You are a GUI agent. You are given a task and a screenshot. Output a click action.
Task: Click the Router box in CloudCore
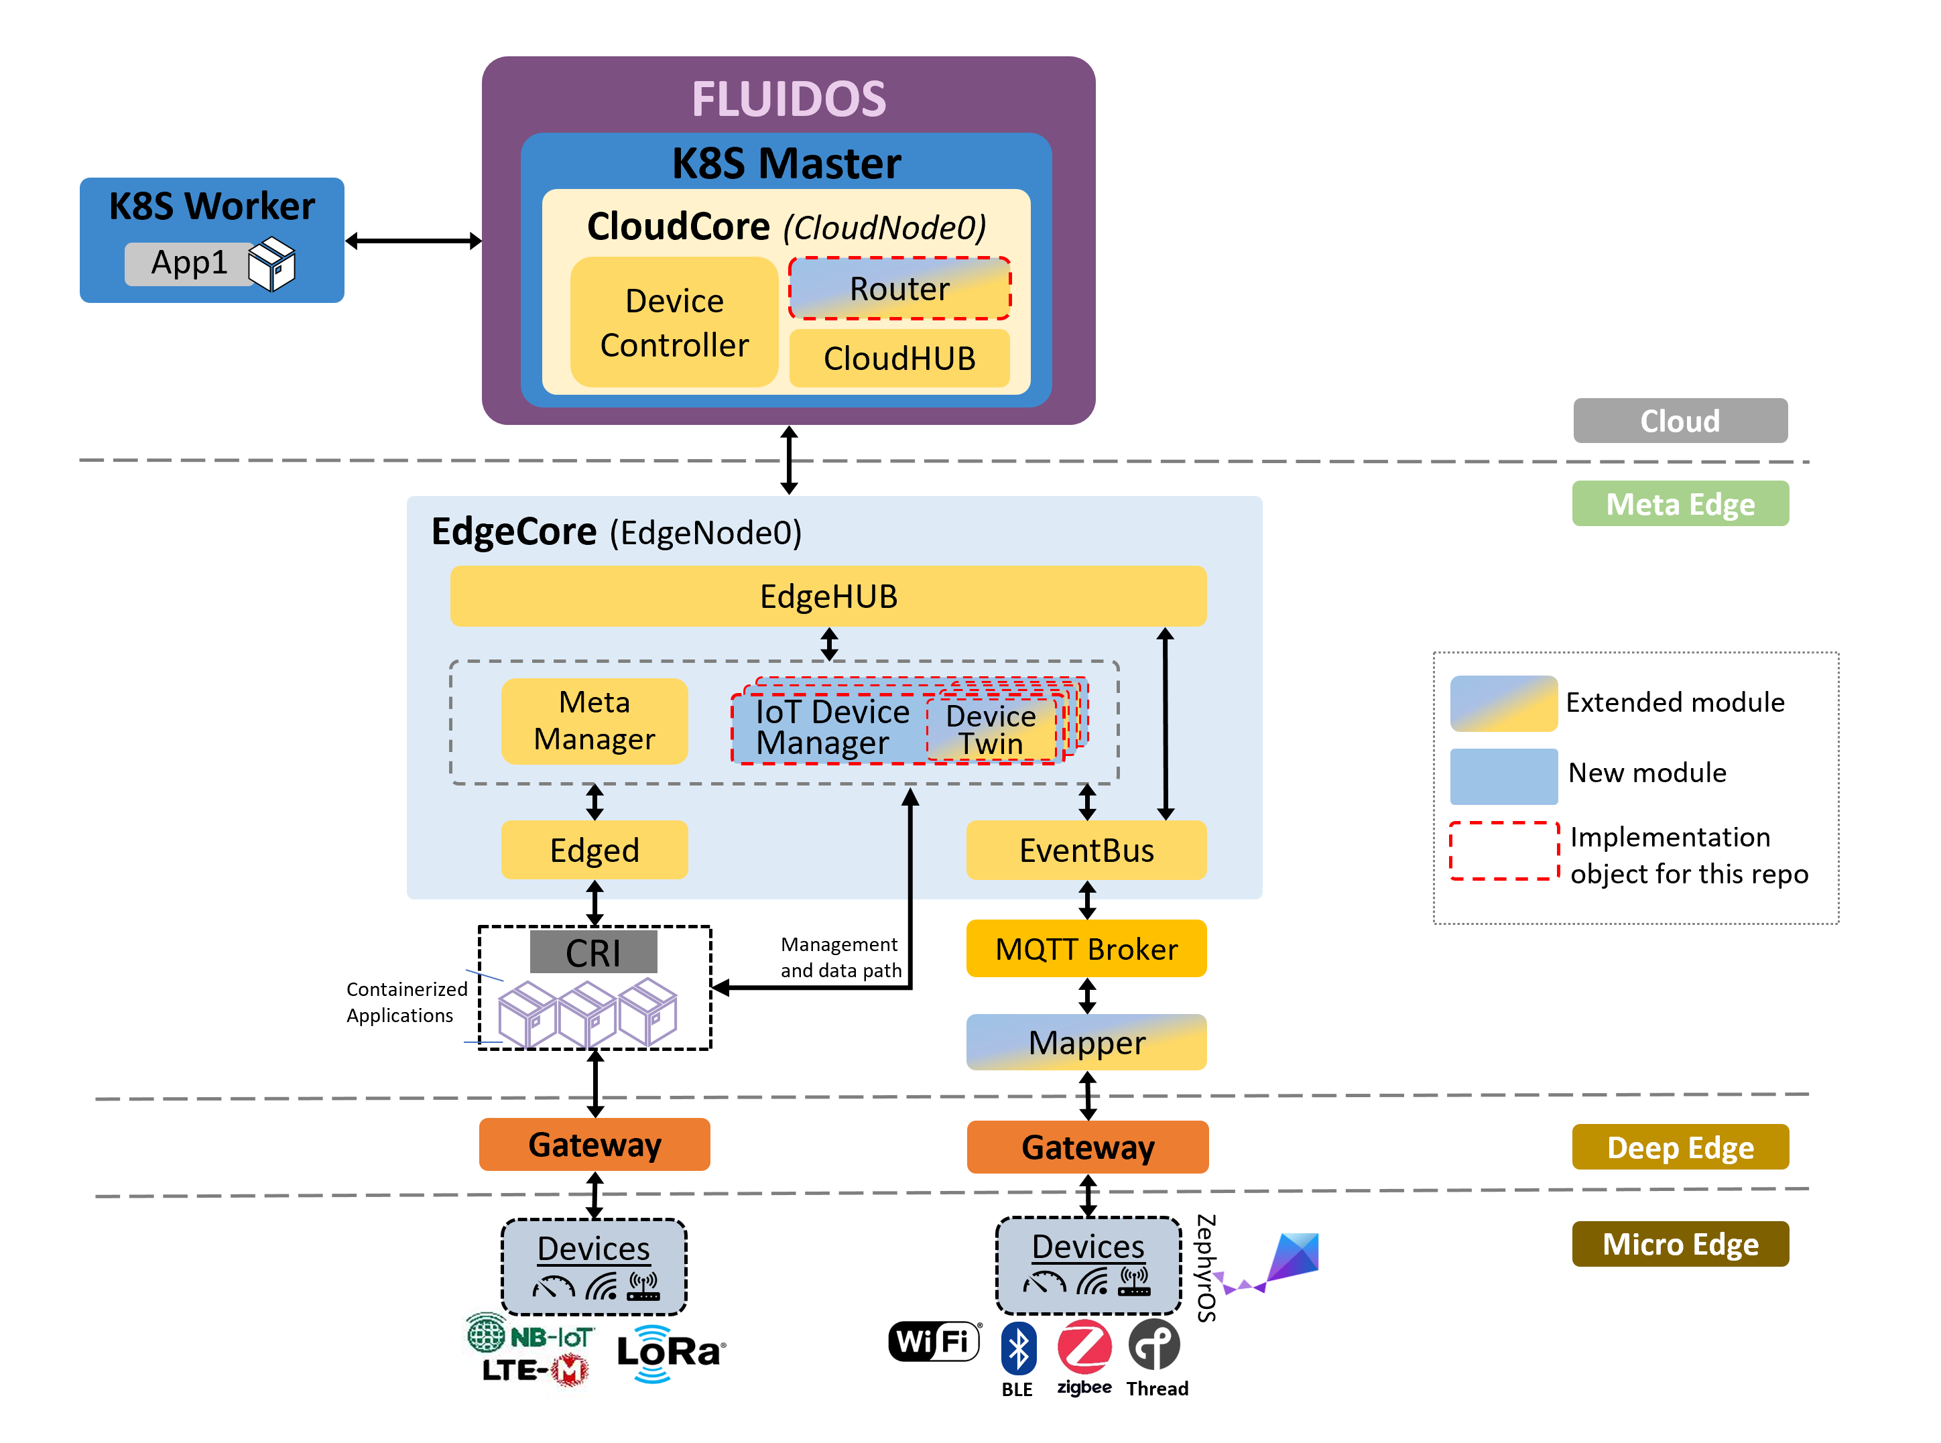pyautogui.click(x=899, y=288)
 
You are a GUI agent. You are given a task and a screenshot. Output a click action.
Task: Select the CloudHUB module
pyautogui.click(x=899, y=358)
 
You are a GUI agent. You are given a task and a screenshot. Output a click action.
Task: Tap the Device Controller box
pyautogui.click(x=674, y=322)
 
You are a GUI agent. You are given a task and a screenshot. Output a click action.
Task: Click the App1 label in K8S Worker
pyautogui.click(x=189, y=263)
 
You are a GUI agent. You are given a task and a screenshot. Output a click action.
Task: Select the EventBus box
pyautogui.click(x=1086, y=850)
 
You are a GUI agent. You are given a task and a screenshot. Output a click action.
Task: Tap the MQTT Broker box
pyautogui.click(x=1086, y=948)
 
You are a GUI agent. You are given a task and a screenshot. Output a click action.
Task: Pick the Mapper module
pyautogui.click(x=1086, y=1042)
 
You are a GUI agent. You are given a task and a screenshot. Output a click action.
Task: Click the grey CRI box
pyautogui.click(x=593, y=952)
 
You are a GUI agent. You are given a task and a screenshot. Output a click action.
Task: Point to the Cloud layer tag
pyautogui.click(x=1679, y=421)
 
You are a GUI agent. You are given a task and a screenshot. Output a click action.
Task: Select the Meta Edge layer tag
pyautogui.click(x=1679, y=504)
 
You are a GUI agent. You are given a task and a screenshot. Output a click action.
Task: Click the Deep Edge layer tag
pyautogui.click(x=1679, y=1147)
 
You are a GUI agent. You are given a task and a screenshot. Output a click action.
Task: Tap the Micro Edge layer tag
pyautogui.click(x=1679, y=1244)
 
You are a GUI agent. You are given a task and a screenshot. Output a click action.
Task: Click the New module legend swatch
pyautogui.click(x=1503, y=775)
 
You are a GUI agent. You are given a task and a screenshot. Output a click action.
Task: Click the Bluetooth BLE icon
pyautogui.click(x=1017, y=1348)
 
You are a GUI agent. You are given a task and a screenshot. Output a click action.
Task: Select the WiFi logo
pyautogui.click(x=934, y=1341)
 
